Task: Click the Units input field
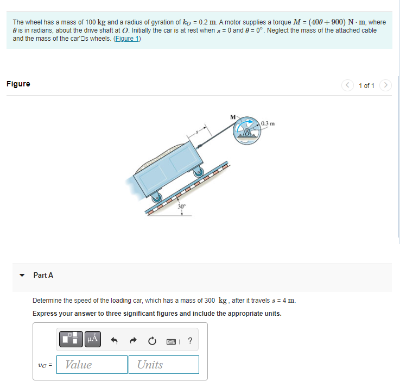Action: (163, 365)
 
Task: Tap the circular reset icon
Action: (153, 341)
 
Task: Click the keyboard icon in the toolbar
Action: (172, 341)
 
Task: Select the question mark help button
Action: (189, 341)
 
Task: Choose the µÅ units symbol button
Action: (92, 340)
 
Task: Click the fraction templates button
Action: (71, 340)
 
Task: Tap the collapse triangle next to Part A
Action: (22, 276)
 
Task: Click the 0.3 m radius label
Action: (268, 123)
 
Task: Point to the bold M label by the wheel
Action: (233, 116)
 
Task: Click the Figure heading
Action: (18, 84)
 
